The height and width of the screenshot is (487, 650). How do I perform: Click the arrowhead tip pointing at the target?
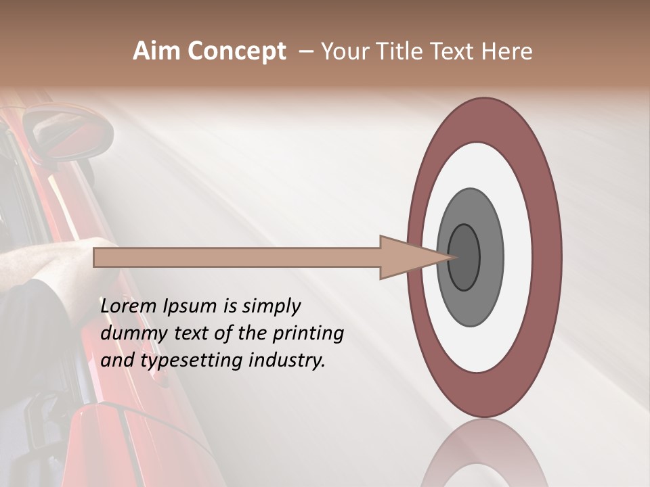[x=448, y=257]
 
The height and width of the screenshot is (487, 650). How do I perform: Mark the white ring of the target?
[x=484, y=166]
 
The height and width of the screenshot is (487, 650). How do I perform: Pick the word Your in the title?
[x=343, y=51]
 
